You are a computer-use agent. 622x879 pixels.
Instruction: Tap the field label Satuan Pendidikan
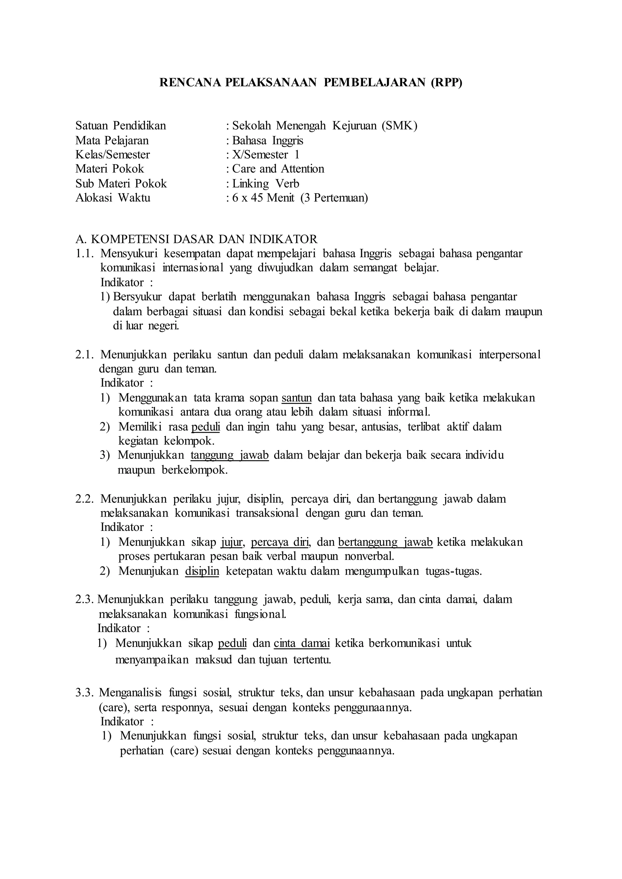[x=121, y=126]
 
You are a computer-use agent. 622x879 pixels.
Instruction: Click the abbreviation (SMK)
[x=399, y=126]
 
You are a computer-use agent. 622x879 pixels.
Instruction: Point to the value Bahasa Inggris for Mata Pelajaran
[x=268, y=141]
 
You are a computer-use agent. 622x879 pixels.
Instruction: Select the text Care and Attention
[x=278, y=169]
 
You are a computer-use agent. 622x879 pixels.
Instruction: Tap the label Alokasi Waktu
[x=113, y=198]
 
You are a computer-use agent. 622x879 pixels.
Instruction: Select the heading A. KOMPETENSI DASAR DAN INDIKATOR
[x=197, y=239]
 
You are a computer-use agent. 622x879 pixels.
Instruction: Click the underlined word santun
[x=296, y=398]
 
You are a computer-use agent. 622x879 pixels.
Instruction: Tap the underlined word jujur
[x=232, y=542]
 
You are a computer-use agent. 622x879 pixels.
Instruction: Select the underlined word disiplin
[x=202, y=571]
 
